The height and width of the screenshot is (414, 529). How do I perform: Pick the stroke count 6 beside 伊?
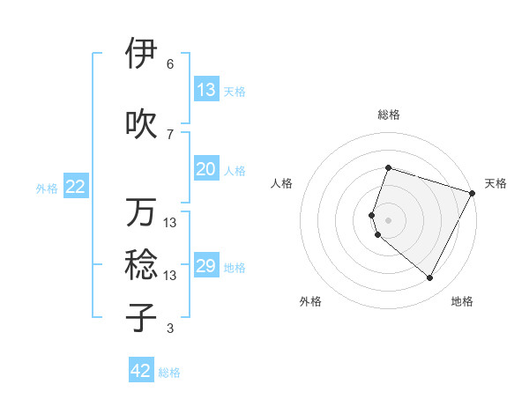coord(170,64)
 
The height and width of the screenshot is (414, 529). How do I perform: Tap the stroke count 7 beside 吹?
coord(170,135)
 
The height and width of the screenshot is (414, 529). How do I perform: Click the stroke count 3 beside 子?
coord(170,329)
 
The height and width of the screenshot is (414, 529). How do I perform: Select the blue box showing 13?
coord(205,90)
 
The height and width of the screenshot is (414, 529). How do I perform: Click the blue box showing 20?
coord(205,169)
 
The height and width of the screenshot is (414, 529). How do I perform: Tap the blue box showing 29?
coord(205,266)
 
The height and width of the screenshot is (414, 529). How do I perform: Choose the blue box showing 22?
coord(76,187)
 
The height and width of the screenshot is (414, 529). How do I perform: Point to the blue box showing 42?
coord(141,371)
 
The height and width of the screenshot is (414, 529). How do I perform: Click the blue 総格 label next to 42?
coord(170,373)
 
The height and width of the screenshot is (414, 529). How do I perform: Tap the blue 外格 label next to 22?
coord(47,188)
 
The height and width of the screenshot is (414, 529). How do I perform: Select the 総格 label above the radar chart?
coord(388,115)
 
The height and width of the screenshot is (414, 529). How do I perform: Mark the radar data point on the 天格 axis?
coord(473,193)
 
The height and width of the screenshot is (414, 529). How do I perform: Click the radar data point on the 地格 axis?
coord(430,278)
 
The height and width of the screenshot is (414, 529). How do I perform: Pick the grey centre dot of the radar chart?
coord(388,219)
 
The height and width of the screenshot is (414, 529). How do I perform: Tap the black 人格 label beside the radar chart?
coord(282,183)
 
